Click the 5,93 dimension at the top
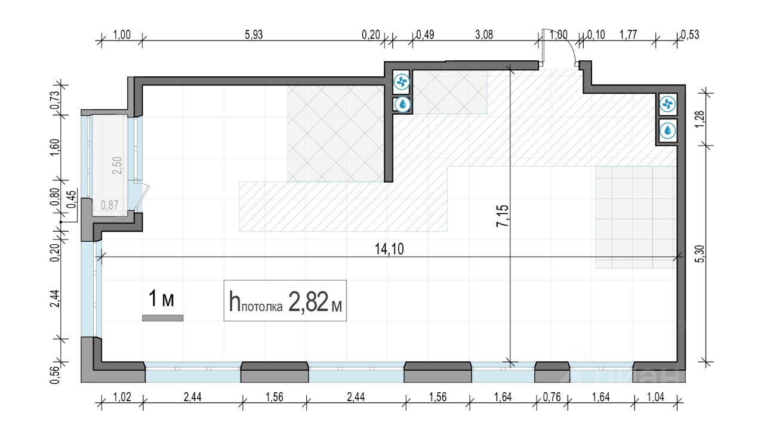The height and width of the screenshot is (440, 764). pos(254,35)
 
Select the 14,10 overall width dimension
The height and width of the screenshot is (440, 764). pos(389,250)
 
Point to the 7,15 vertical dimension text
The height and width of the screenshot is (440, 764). pos(503,216)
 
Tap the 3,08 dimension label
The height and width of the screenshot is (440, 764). pos(484,35)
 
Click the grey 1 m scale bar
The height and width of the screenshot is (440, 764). pos(163,318)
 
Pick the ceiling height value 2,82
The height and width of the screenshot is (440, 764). pos(309,302)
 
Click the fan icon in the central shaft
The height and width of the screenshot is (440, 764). pos(402,82)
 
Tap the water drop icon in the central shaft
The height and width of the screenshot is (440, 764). pos(403,104)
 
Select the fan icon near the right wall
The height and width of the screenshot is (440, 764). pos(667,104)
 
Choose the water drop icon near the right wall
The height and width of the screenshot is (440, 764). pos(667,131)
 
